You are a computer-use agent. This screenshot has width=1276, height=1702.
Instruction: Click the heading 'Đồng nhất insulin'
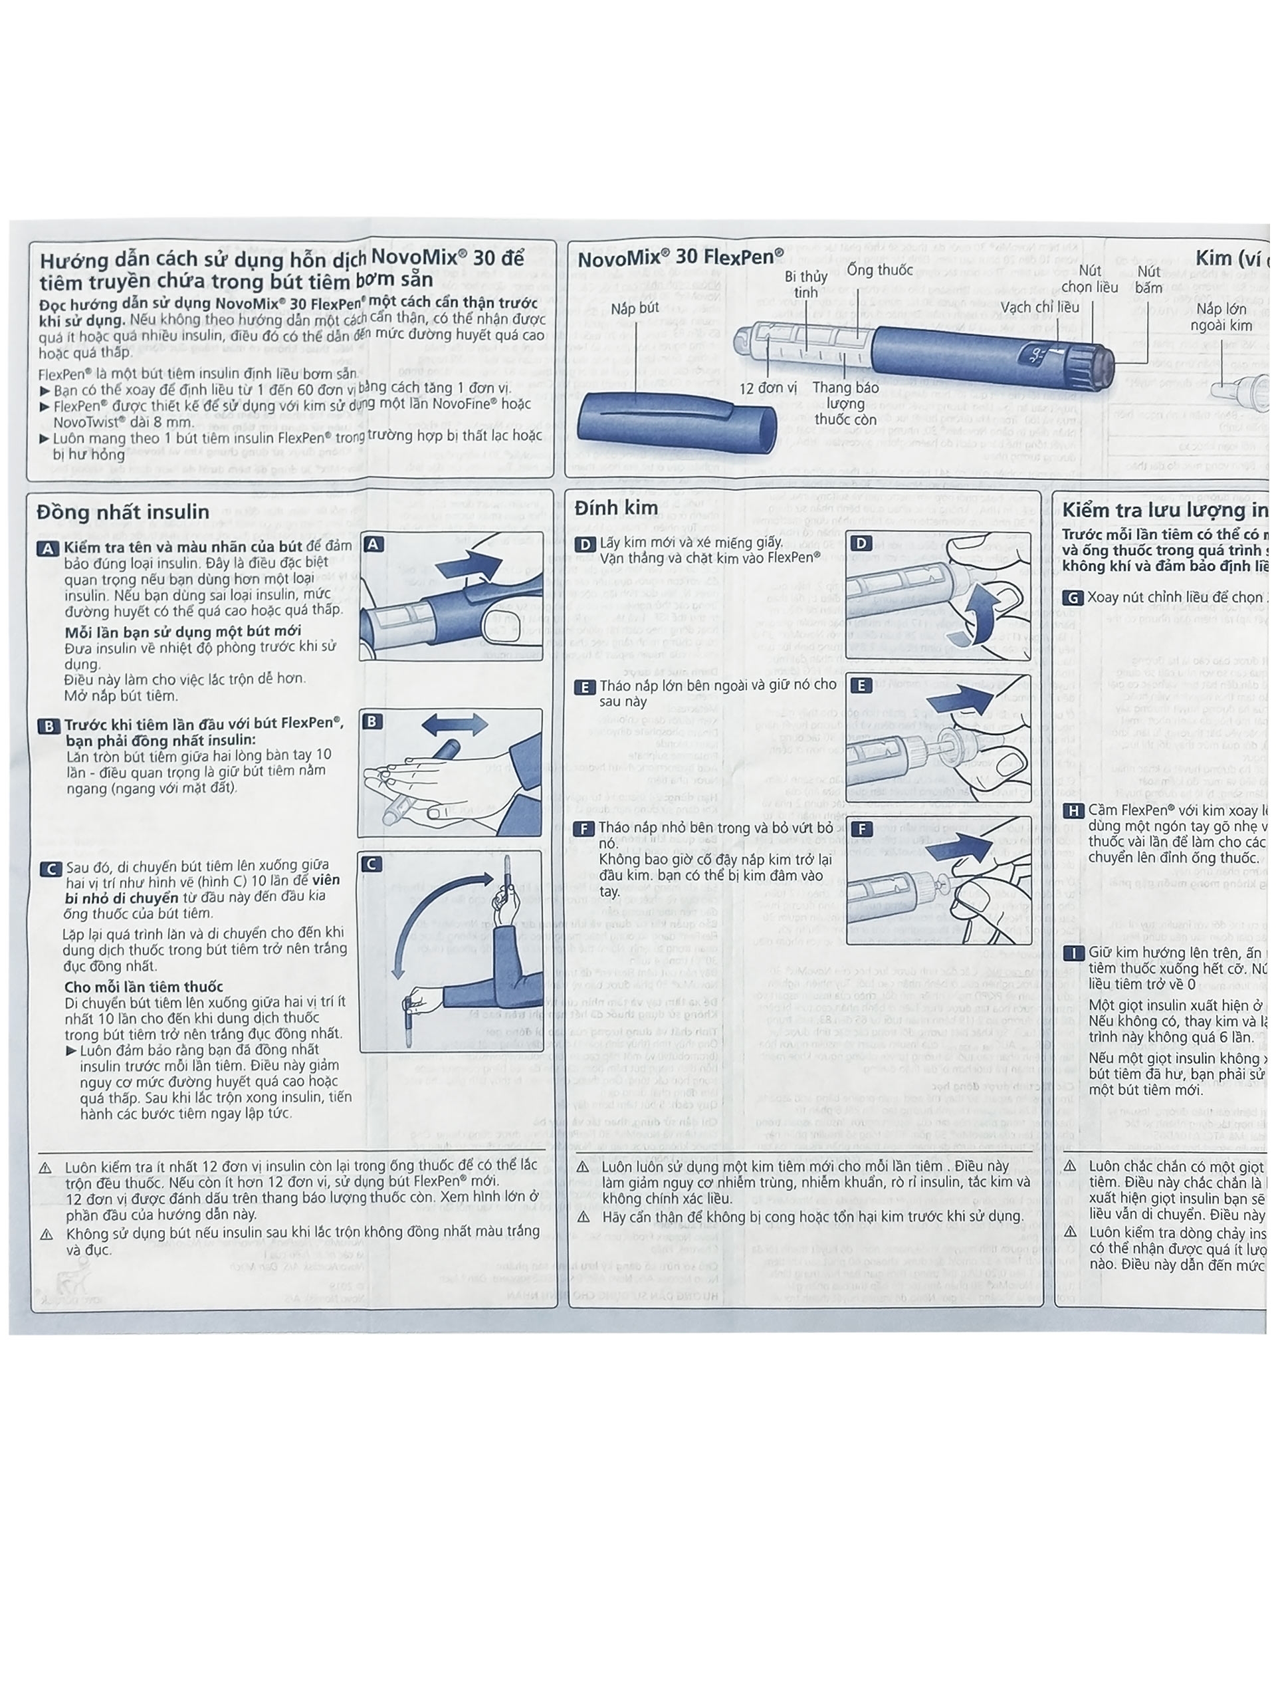(x=123, y=512)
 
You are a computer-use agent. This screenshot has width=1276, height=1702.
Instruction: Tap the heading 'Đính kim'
(x=615, y=508)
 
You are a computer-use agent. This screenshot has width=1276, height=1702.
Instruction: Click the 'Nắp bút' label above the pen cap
(x=635, y=308)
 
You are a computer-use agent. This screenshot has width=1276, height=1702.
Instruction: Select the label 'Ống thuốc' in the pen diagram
(x=880, y=269)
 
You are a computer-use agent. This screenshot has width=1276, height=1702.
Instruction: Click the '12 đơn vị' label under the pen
(x=768, y=388)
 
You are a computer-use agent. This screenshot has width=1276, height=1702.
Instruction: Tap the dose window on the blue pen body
(x=1037, y=355)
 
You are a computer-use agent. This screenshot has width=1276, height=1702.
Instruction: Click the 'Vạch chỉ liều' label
(x=1040, y=307)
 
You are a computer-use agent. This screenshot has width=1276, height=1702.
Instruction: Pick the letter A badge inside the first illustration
(x=373, y=544)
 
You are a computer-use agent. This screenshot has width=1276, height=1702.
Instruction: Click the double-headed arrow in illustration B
(x=454, y=724)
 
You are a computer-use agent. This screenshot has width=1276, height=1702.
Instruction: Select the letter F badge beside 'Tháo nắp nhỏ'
(x=586, y=828)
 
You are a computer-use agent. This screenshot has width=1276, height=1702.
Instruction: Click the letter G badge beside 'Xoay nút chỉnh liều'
(x=1072, y=598)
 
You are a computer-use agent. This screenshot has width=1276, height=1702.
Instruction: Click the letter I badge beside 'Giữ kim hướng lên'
(x=1073, y=953)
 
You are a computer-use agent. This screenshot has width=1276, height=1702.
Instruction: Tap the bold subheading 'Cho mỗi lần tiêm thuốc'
(x=144, y=987)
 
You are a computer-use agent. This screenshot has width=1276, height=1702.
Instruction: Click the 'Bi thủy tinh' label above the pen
(x=805, y=284)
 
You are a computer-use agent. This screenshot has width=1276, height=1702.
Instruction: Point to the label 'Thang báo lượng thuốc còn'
(x=845, y=403)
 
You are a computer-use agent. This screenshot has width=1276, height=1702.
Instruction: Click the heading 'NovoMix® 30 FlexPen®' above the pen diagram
(x=680, y=258)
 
